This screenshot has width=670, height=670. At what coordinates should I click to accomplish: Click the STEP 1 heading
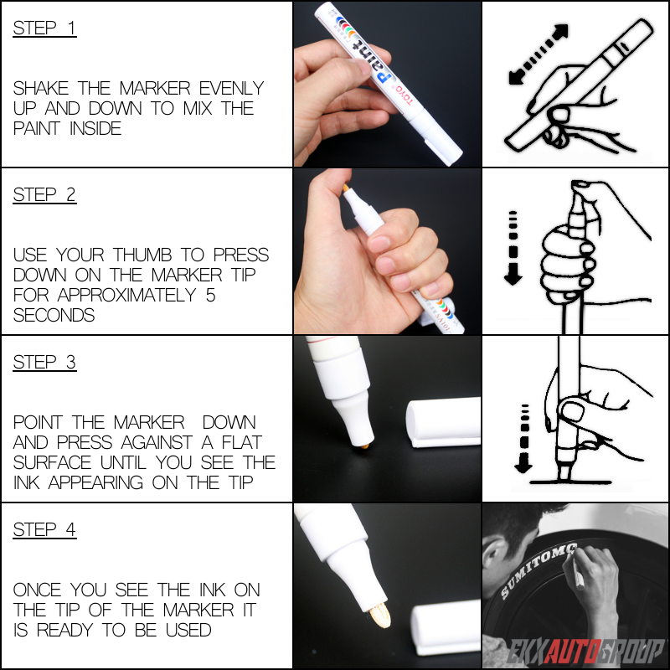44,28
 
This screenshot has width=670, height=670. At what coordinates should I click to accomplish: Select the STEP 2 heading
44,195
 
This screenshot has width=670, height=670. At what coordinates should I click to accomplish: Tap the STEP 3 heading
44,362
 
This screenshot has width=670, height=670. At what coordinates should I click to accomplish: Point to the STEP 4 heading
44,529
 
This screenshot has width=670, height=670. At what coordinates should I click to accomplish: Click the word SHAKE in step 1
41,88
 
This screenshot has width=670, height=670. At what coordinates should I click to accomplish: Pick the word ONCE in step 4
38,590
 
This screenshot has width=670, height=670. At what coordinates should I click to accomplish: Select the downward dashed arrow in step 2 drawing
513,247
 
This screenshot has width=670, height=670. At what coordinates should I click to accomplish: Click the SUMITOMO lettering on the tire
536,569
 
